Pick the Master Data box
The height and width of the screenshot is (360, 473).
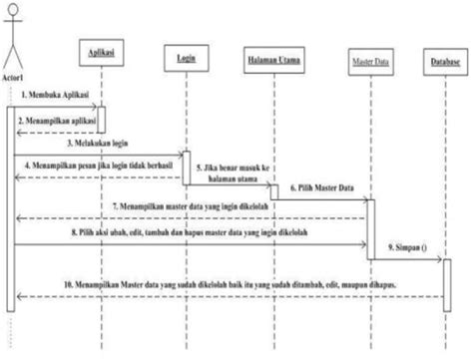click(x=367, y=61)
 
